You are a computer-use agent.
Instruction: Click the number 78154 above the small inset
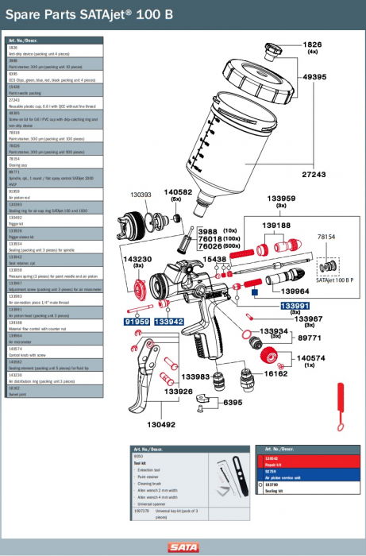(328, 237)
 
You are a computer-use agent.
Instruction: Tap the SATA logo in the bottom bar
(183, 546)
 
